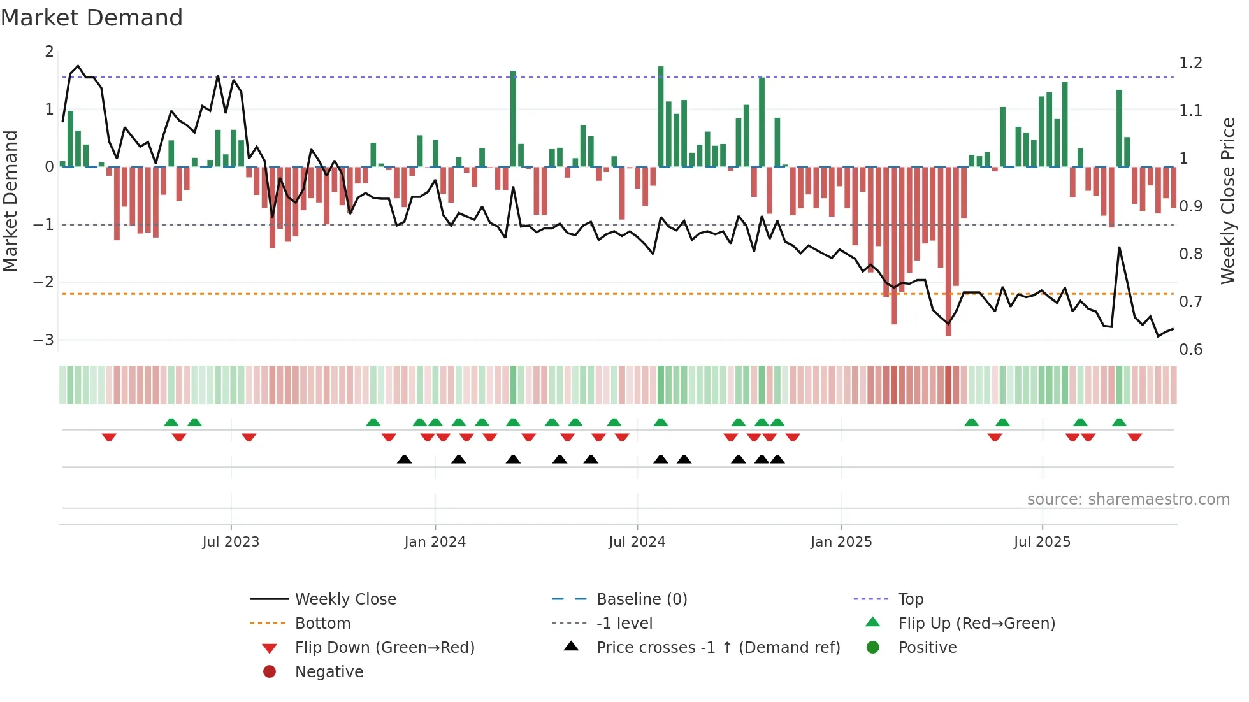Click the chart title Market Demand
(x=92, y=18)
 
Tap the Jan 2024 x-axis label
(x=435, y=542)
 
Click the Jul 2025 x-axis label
(x=1042, y=542)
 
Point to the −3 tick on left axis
(x=44, y=340)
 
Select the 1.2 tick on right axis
(x=1190, y=63)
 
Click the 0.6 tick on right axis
(x=1190, y=350)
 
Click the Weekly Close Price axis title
(x=1227, y=201)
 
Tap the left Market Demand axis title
(x=10, y=201)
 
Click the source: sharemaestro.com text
(x=1128, y=499)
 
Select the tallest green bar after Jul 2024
(x=661, y=117)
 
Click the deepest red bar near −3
(x=948, y=252)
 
